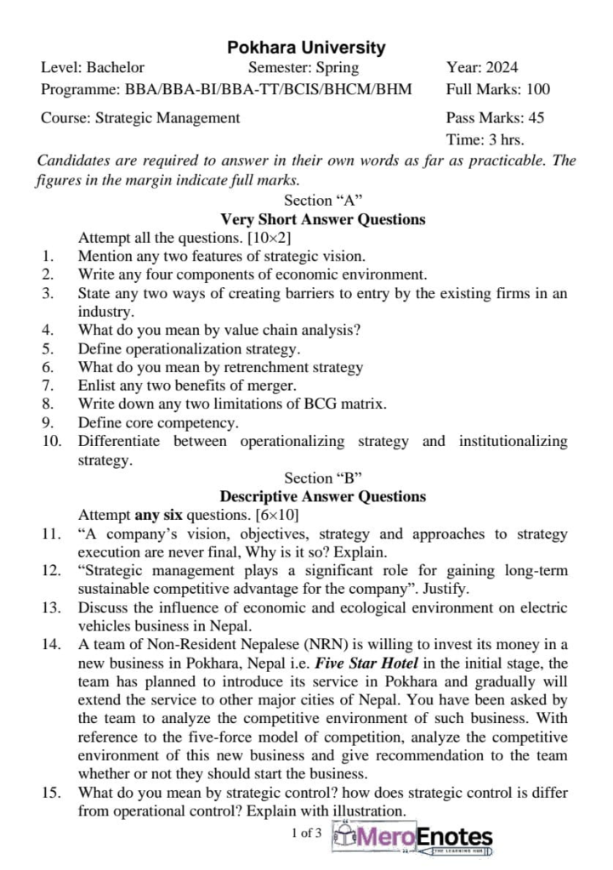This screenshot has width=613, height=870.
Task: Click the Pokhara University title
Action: (306, 48)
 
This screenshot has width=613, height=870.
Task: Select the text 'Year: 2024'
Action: (482, 68)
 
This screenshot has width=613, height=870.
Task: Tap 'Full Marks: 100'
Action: (497, 89)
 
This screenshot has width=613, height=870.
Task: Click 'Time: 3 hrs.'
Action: (485, 139)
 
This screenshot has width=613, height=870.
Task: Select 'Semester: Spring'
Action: (304, 68)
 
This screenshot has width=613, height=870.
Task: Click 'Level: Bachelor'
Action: (93, 68)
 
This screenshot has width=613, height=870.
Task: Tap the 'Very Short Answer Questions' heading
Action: (323, 219)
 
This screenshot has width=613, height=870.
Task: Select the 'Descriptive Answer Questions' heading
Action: (323, 496)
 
